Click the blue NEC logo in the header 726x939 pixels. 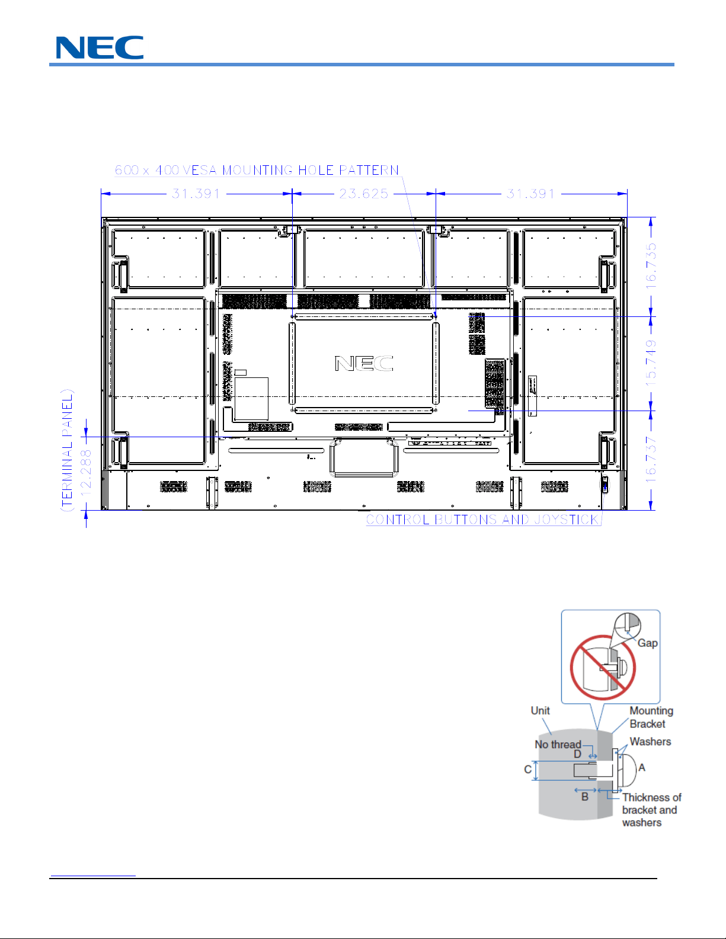click(x=100, y=47)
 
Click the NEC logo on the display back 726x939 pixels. click(x=364, y=363)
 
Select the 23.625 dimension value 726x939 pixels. click(x=363, y=194)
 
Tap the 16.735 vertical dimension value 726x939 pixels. click(x=651, y=266)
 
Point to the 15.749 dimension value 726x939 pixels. click(x=651, y=363)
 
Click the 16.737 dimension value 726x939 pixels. click(x=651, y=460)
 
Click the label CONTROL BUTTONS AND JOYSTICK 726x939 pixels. click(x=482, y=520)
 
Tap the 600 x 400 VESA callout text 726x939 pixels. click(x=257, y=170)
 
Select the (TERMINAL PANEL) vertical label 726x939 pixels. click(x=67, y=450)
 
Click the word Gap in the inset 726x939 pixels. click(x=647, y=643)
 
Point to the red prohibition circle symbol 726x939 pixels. click(x=603, y=668)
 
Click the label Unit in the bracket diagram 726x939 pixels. click(x=540, y=711)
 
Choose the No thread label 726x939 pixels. click(x=558, y=745)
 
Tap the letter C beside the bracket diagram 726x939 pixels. click(x=527, y=770)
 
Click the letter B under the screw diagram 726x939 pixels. click(x=585, y=797)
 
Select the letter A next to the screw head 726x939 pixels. click(x=642, y=767)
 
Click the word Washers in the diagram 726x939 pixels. click(x=650, y=742)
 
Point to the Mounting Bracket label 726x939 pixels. click(x=651, y=717)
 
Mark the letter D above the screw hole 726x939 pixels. click(x=577, y=754)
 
